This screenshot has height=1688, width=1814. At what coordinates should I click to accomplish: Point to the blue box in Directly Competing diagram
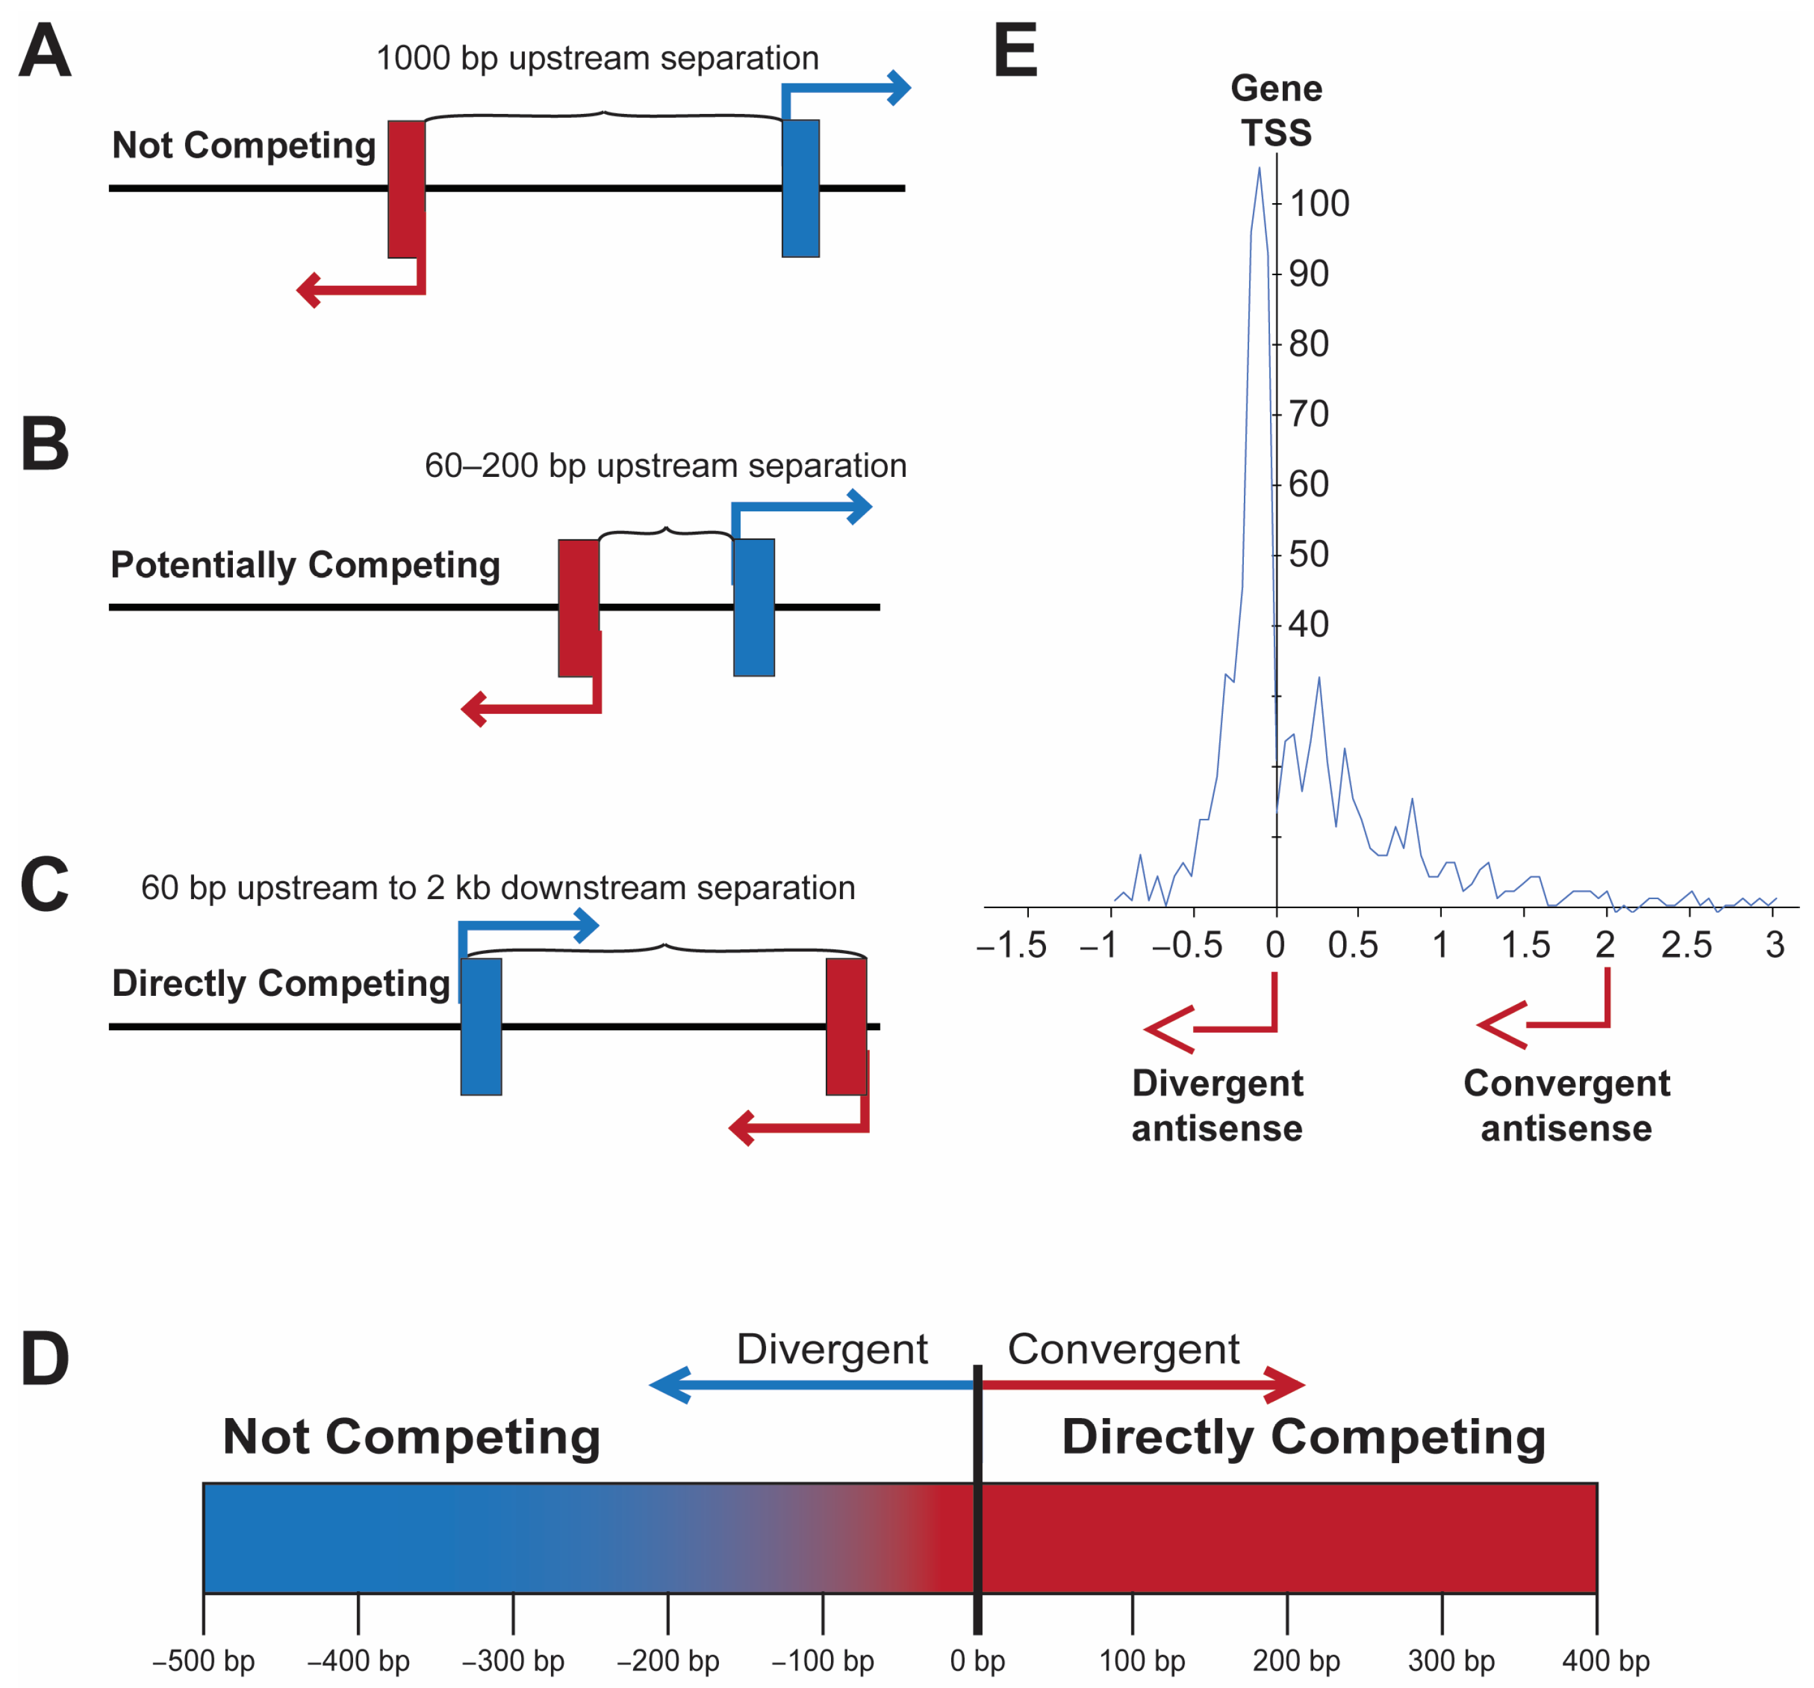point(481,1026)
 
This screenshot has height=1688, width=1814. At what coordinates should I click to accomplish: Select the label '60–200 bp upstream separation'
point(665,465)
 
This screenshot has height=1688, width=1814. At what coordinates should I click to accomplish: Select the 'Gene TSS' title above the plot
point(1276,110)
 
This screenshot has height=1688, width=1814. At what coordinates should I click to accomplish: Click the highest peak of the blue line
point(1259,169)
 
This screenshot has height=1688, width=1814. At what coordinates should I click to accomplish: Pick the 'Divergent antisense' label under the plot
point(1217,1105)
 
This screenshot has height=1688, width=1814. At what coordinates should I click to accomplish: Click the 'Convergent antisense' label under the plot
point(1566,1105)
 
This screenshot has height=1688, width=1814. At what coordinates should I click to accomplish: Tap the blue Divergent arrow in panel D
point(812,1385)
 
